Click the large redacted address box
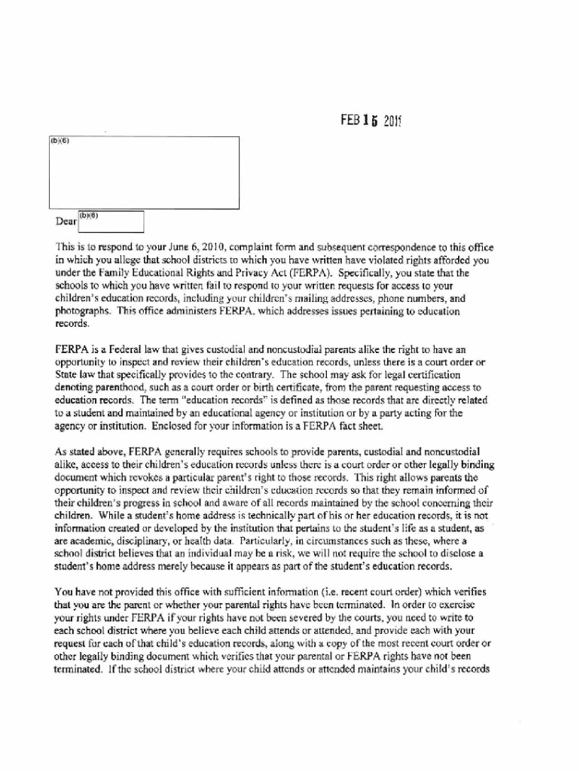click(144, 172)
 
